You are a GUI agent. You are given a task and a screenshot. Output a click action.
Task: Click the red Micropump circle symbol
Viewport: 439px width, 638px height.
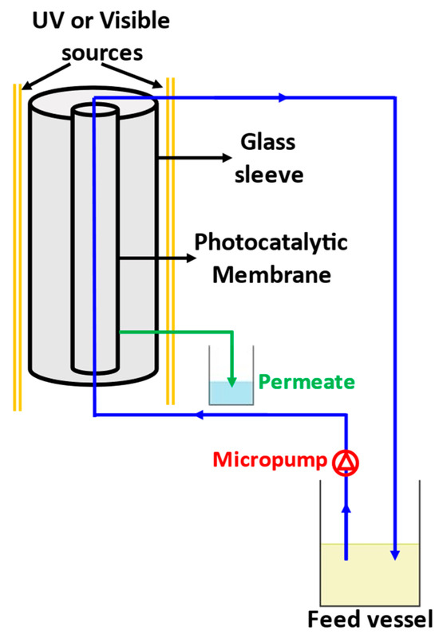(346, 461)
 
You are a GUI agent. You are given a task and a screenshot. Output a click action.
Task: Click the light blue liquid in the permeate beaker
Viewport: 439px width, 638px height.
(231, 392)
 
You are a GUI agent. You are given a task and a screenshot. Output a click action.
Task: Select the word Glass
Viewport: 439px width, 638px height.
(267, 143)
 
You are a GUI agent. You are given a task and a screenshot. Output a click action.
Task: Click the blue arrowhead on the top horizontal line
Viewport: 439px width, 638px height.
(280, 98)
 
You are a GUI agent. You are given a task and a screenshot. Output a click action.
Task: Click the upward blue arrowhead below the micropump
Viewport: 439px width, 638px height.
(346, 508)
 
